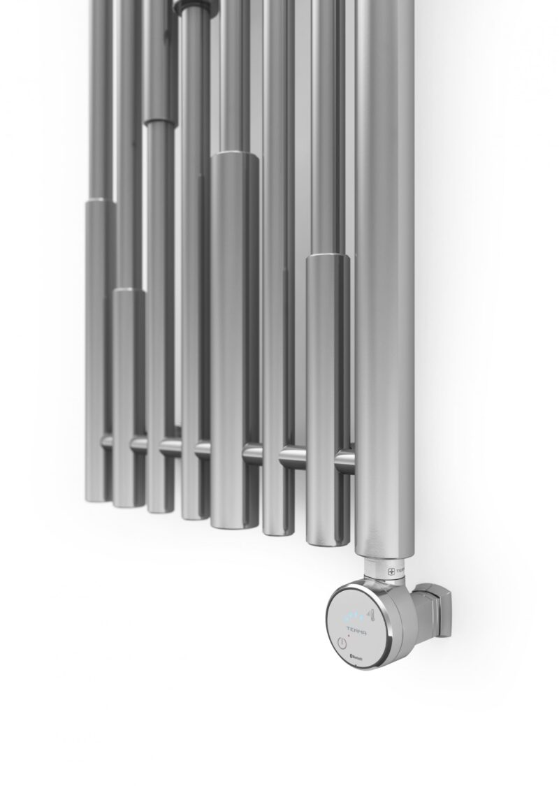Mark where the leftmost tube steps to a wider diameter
pyautogui.click(x=101, y=202)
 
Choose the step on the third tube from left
pyautogui.click(x=160, y=123)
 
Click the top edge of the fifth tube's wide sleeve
pyautogui.click(x=235, y=154)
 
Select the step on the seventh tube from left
pyautogui.click(x=328, y=257)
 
